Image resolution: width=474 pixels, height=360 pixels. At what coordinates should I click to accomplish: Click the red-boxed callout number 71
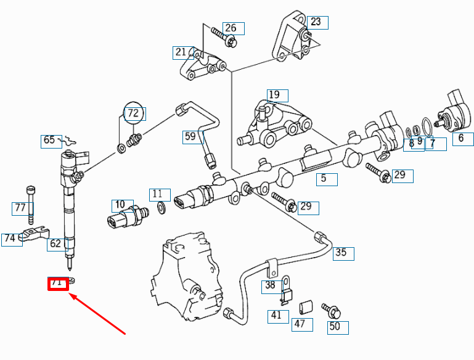57,284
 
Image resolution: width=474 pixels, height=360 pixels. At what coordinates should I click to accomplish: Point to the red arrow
99,315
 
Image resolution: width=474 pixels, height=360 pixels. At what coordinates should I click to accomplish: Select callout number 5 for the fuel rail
327,179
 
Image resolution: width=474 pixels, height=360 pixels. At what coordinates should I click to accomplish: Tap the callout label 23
317,22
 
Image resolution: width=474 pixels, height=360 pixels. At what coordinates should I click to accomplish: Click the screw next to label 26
223,36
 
